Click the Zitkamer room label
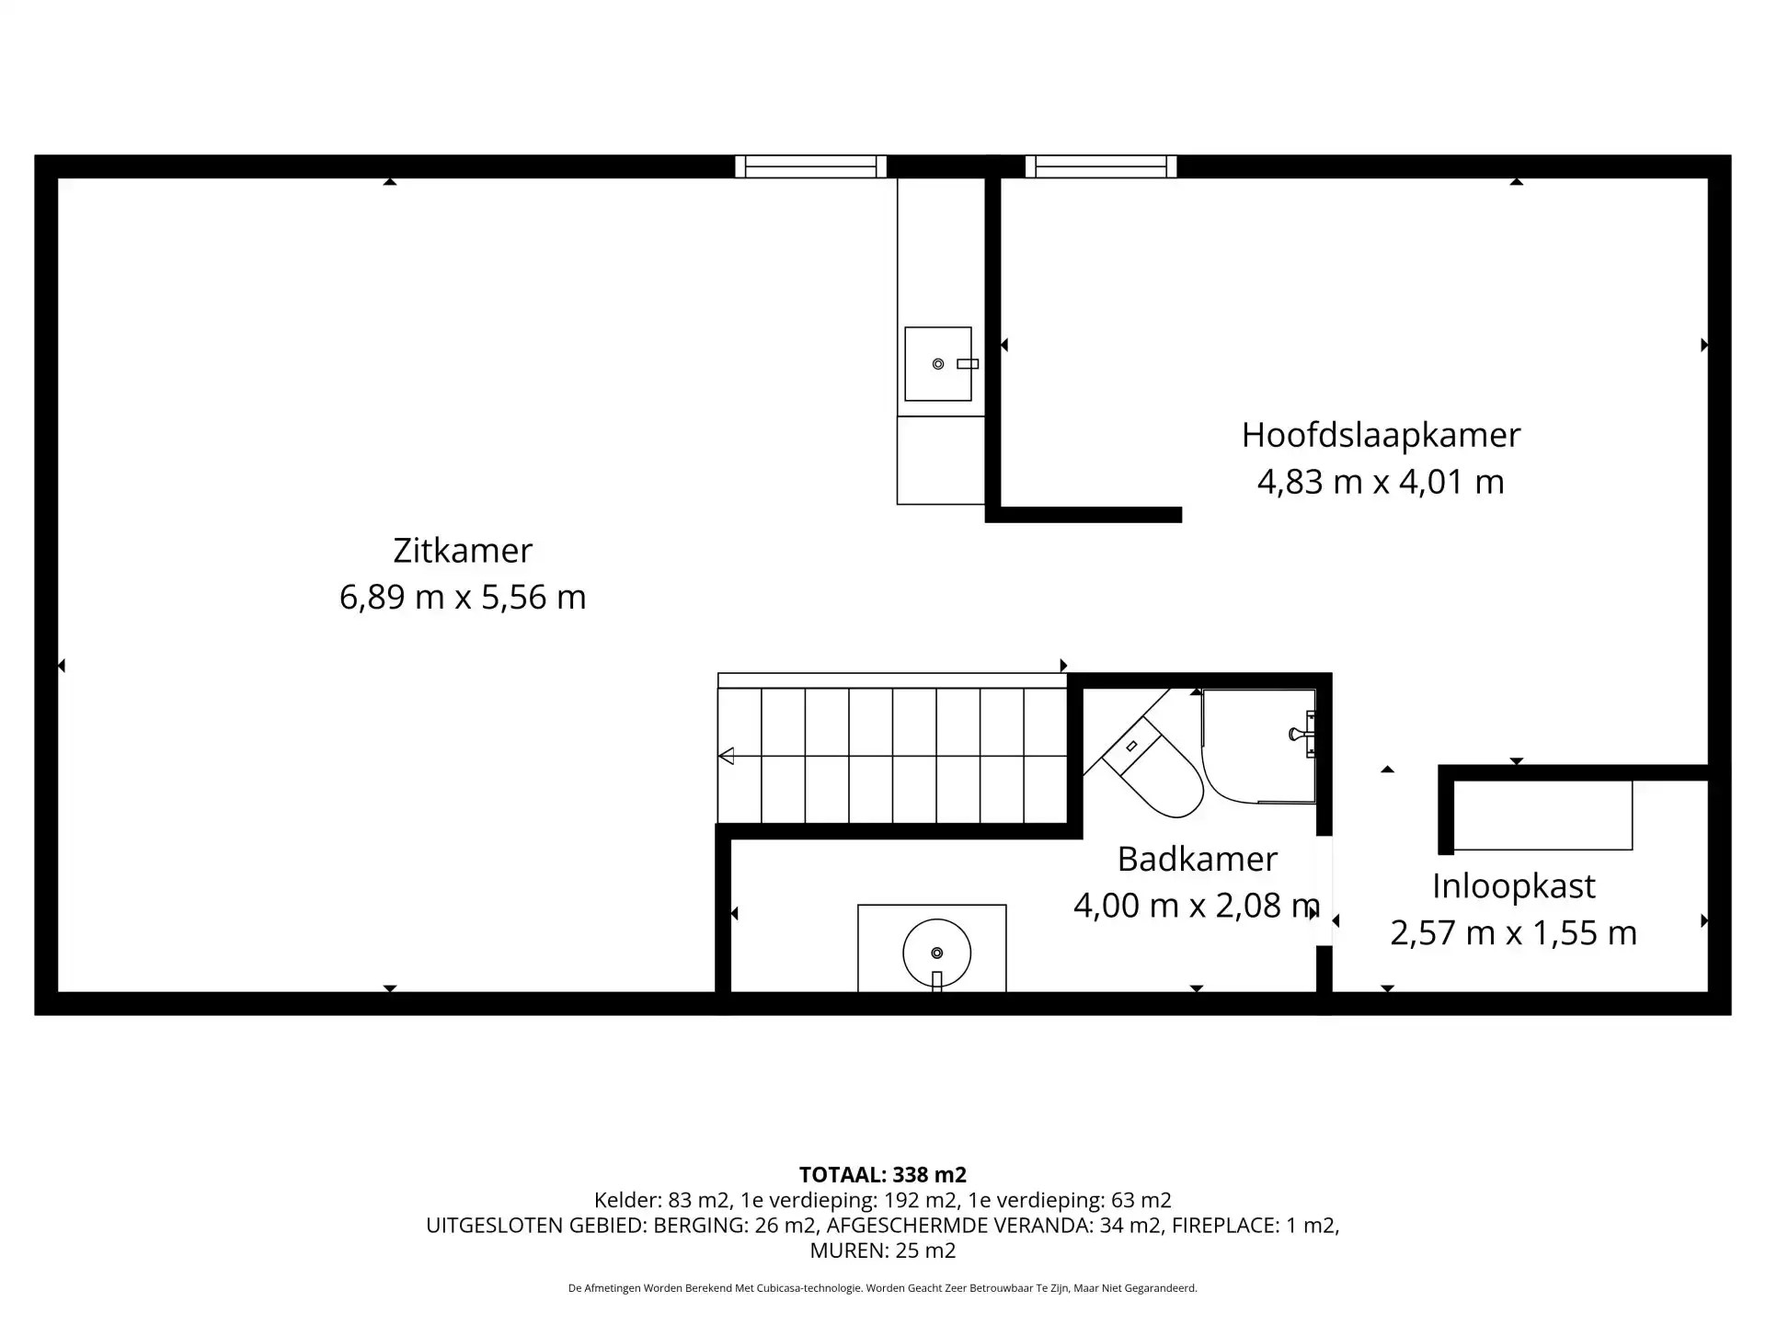pyautogui.click(x=463, y=550)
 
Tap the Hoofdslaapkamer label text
pyautogui.click(x=1381, y=435)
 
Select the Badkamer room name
pyautogui.click(x=1197, y=859)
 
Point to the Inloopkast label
pyautogui.click(x=1513, y=886)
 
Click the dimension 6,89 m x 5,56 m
pyautogui.click(x=463, y=598)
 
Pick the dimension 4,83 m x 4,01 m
pyautogui.click(x=1381, y=482)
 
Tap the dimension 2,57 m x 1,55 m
pyautogui.click(x=1513, y=933)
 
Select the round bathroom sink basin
pyautogui.click(x=936, y=953)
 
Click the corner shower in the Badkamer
pyautogui.click(x=1258, y=747)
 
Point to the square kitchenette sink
pyautogui.click(x=938, y=364)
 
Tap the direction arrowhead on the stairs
pyautogui.click(x=726, y=756)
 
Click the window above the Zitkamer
pyautogui.click(x=810, y=166)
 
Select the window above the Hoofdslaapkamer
pyautogui.click(x=1101, y=166)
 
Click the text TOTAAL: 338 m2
pyautogui.click(x=883, y=1175)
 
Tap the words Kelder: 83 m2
pyautogui.click(x=661, y=1200)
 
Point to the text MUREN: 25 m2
pyautogui.click(x=883, y=1250)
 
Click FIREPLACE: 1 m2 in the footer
pyautogui.click(x=1254, y=1226)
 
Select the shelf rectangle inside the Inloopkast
pyautogui.click(x=1542, y=816)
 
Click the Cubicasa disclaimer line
pyautogui.click(x=883, y=1289)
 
